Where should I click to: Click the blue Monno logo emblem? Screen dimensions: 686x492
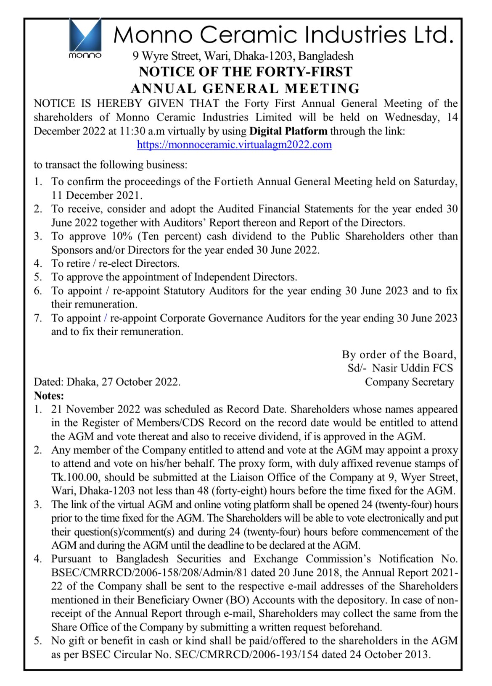(85, 34)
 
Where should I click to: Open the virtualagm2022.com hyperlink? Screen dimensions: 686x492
(234, 145)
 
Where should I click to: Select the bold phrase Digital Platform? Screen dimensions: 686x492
(288, 131)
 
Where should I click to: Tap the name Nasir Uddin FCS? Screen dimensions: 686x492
(413, 368)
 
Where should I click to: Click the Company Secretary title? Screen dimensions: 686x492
(409, 382)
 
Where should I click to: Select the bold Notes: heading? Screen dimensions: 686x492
(49, 396)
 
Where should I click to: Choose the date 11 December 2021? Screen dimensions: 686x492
(97, 195)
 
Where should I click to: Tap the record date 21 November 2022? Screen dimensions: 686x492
(95, 409)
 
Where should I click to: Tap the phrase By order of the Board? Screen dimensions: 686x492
(399, 355)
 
